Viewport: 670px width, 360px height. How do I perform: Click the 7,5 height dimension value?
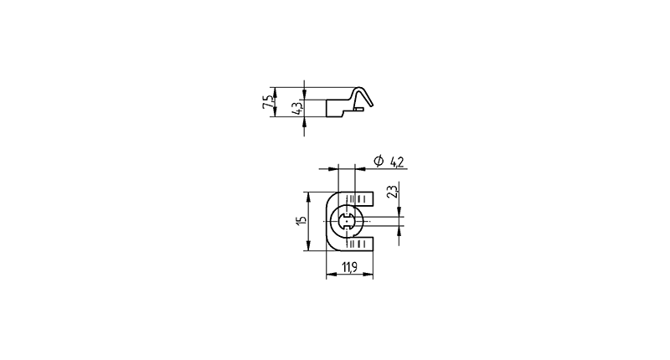coord(267,102)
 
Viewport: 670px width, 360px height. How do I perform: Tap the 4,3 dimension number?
coord(297,108)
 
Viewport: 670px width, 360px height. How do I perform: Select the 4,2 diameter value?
coord(396,162)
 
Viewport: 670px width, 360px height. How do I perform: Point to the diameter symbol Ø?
coord(379,161)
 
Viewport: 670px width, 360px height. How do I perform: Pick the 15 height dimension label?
coord(301,220)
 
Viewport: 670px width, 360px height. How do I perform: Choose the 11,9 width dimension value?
coord(349,267)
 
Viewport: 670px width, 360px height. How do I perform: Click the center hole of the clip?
coord(347,221)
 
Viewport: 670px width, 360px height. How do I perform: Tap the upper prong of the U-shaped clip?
coord(362,198)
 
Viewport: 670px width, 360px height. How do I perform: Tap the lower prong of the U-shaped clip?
coord(362,244)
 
